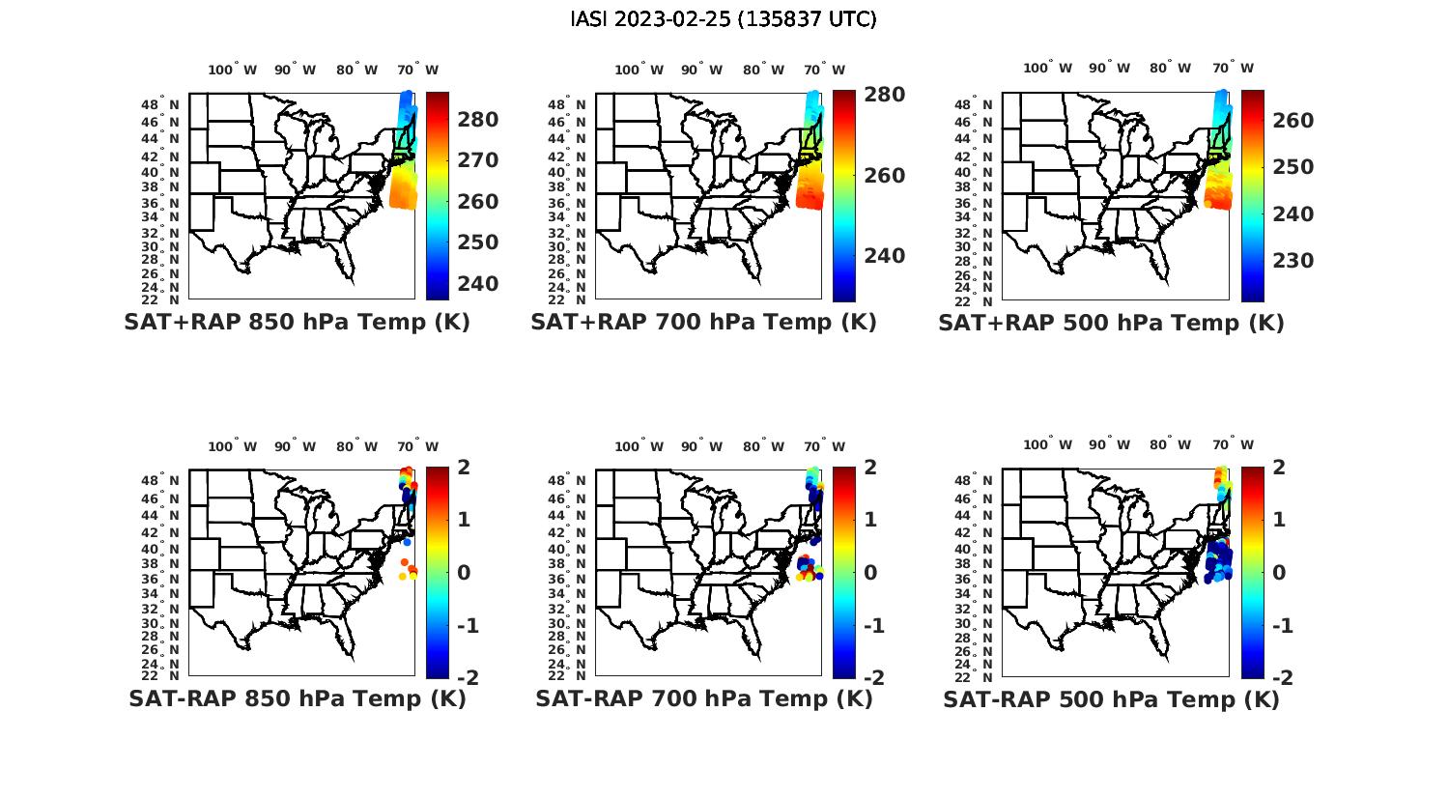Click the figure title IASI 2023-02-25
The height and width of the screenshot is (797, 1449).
[x=724, y=19]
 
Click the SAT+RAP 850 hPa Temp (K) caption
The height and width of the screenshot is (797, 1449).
[x=297, y=323]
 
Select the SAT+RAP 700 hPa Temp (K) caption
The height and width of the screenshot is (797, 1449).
[x=703, y=323]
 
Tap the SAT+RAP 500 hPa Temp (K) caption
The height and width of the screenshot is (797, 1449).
[x=1111, y=323]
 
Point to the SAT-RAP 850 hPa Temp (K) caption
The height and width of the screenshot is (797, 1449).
[x=297, y=698]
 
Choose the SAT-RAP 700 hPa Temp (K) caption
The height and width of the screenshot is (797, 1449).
[x=703, y=698]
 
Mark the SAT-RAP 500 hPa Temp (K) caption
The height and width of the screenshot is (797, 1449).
[x=1111, y=698]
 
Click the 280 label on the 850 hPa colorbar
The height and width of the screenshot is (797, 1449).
[x=477, y=120]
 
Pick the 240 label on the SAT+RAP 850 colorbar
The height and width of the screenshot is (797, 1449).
[x=477, y=284]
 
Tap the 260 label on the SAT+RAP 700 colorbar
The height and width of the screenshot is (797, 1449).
[x=884, y=176]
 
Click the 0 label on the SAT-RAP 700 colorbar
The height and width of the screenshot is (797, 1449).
[x=870, y=572]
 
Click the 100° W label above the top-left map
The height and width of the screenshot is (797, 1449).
[x=232, y=70]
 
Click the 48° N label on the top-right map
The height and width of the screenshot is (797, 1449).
[x=982, y=104]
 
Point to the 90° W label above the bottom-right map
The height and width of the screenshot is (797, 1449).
[x=1108, y=445]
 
